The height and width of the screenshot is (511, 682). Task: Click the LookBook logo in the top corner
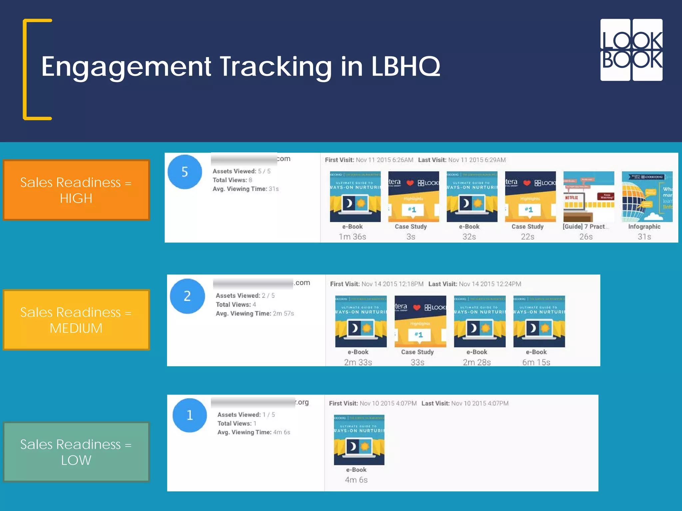631,50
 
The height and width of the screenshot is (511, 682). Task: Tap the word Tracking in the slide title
276,67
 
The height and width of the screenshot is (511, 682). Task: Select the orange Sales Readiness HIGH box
76,190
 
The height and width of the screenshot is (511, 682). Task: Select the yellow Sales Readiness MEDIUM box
76,320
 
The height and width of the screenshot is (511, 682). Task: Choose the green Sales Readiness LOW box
76,452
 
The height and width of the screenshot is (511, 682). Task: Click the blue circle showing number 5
185,172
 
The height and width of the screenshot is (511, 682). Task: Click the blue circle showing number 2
187,296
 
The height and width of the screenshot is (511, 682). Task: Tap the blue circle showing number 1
189,415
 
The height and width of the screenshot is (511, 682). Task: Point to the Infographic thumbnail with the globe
647,197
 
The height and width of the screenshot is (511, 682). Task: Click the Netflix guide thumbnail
588,197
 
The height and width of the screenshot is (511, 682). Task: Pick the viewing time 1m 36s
352,237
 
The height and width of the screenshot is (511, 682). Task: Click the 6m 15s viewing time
536,362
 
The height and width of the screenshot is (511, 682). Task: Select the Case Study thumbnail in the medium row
420,321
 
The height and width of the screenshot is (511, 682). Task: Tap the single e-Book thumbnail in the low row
359,440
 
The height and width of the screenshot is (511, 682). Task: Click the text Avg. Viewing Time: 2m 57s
255,313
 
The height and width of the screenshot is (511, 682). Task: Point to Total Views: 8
232,180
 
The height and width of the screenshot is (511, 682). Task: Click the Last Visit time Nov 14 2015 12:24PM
490,284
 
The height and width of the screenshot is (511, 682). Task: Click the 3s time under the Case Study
411,237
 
